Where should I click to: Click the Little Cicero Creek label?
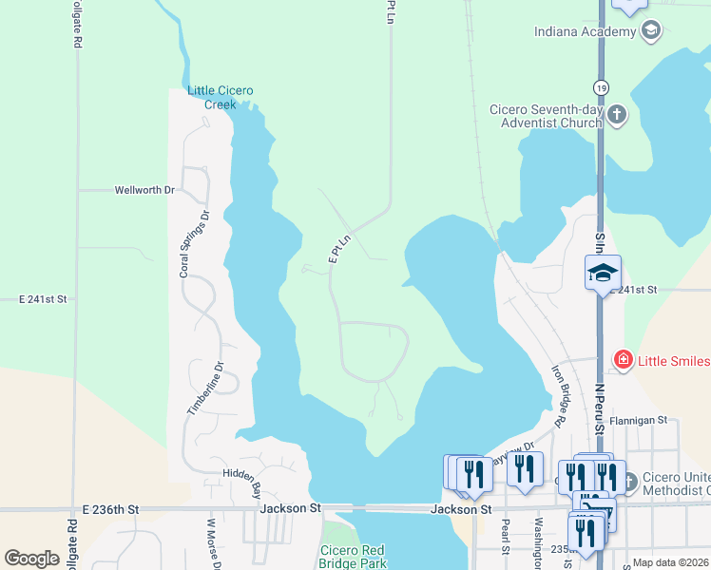(221, 97)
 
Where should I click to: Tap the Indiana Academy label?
(585, 31)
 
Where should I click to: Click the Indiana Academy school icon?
(651, 31)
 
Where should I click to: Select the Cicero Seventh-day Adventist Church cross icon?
(617, 116)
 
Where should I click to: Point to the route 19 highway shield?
(600, 87)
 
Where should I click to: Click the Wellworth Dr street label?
(144, 190)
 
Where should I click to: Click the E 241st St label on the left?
(44, 298)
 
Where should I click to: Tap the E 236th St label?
(110, 509)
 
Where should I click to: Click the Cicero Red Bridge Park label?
(352, 557)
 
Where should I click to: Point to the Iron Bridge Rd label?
(561, 393)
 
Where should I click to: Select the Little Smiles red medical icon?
(623, 359)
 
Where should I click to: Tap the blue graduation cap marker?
(603, 274)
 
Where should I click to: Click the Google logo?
(31, 559)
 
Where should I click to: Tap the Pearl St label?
(505, 536)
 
